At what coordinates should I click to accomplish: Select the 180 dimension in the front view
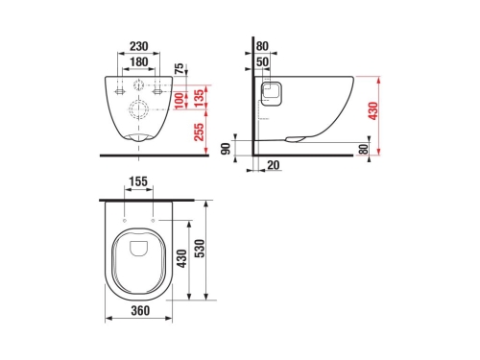click(140, 60)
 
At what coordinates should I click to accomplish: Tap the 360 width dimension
click(140, 310)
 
